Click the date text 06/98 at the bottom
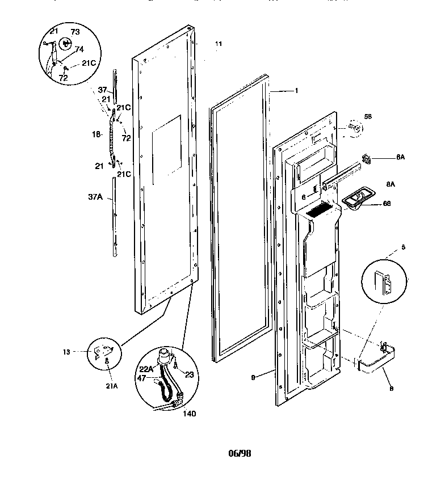tap(238, 453)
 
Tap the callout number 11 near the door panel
tap(219, 43)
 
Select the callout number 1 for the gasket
tap(296, 90)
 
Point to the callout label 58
tap(368, 116)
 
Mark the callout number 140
tap(189, 414)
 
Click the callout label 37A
tap(96, 197)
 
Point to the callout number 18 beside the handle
tap(96, 134)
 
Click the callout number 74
tap(79, 49)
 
